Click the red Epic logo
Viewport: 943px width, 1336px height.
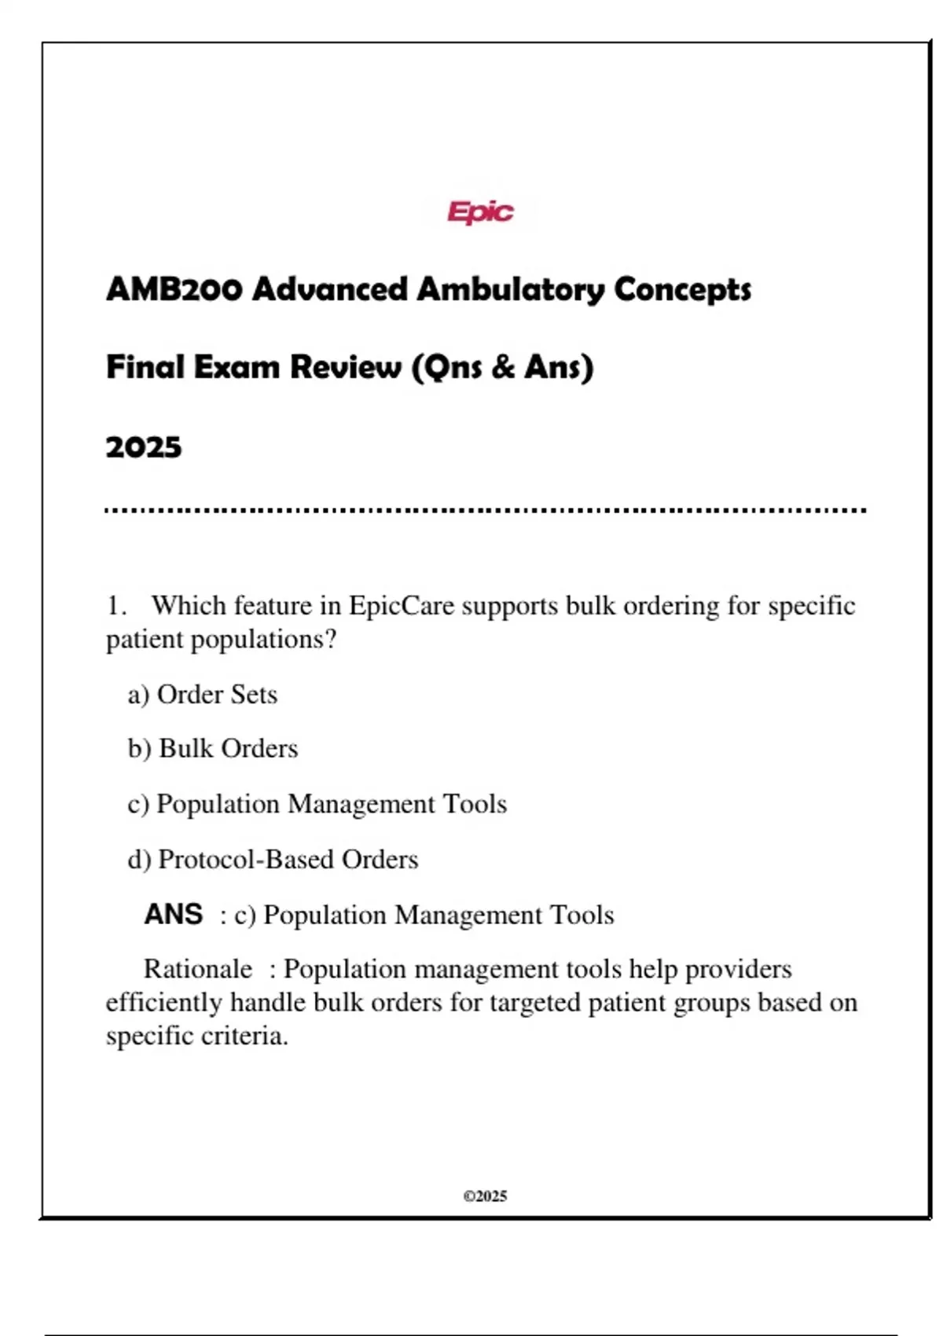point(480,211)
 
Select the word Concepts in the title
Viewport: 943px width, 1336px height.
point(682,289)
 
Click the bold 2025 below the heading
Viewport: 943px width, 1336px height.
point(144,447)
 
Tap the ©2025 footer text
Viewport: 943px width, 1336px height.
point(485,1196)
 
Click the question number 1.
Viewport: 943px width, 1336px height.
point(116,606)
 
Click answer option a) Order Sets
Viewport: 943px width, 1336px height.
point(203,695)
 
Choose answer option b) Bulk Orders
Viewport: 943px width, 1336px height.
point(213,749)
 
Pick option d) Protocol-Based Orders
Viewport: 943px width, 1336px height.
point(273,860)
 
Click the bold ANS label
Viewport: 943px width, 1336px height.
point(174,914)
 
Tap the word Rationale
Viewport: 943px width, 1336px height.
point(198,969)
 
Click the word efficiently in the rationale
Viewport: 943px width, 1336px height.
point(164,1003)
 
